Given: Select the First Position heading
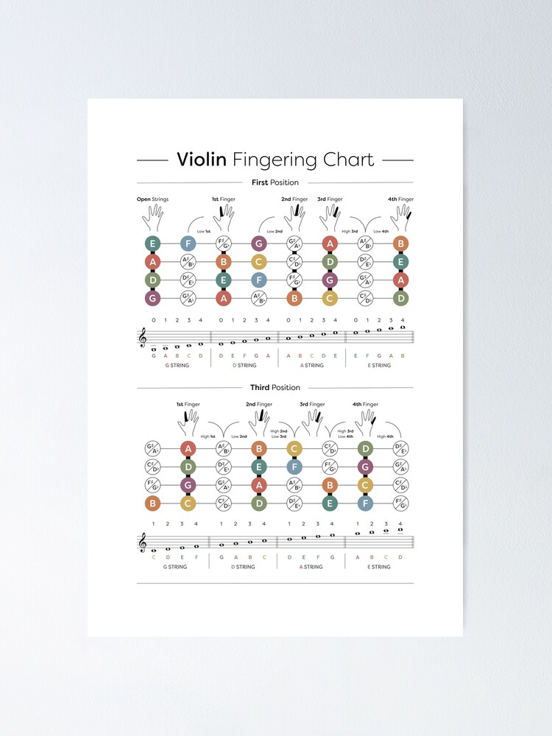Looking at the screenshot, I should pos(275,183).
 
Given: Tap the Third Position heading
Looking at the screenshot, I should pos(275,387).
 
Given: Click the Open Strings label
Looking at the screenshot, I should pos(153,199).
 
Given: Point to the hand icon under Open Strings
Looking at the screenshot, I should pos(153,216).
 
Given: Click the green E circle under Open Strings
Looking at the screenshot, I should pos(153,244).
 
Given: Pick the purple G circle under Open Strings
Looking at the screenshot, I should pos(153,298).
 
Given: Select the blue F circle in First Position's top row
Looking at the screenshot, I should pos(188,244).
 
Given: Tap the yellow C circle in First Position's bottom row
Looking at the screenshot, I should pos(329,298).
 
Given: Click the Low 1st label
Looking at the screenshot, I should pos(204,231).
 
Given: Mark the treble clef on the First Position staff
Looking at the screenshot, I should pos(143,337).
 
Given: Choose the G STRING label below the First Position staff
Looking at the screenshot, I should pos(177,365).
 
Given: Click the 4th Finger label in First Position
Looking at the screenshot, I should pos(401,199).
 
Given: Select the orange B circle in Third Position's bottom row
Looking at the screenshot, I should pos(153,503).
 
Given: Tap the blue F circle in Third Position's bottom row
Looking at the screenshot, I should pos(365,503).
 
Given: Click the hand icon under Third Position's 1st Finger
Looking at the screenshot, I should pos(188,422).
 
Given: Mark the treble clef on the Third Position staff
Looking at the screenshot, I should pos(143,542).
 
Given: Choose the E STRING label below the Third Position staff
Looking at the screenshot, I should pos(378,567).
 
